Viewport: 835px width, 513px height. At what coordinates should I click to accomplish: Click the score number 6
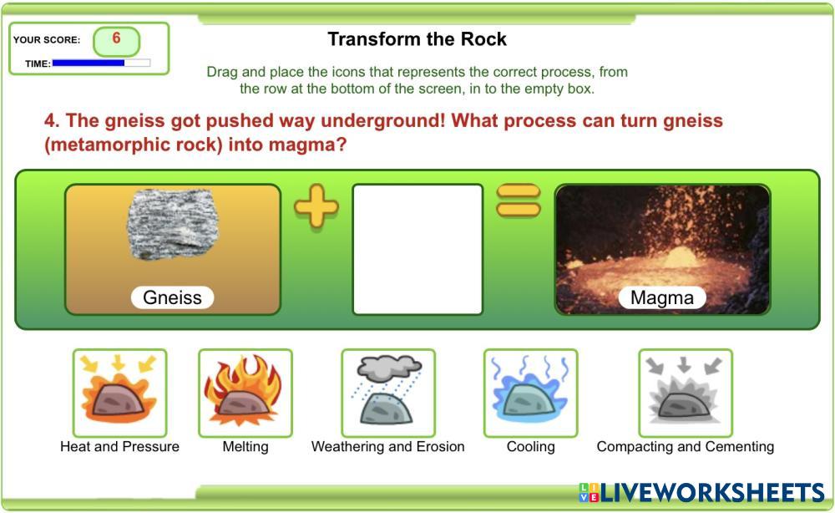(116, 38)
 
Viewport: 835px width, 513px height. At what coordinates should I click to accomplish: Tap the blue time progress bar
(89, 63)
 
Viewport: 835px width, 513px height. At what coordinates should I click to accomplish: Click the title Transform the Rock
(417, 39)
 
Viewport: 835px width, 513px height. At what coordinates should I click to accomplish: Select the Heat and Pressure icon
(119, 394)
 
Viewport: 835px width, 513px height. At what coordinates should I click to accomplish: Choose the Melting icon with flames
(245, 394)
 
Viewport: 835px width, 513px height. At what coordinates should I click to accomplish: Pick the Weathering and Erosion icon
(388, 394)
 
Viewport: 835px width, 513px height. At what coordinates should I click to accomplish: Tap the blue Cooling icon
(531, 394)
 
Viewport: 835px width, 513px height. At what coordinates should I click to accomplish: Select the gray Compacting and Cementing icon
(686, 394)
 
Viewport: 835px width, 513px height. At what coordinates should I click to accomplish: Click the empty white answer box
(417, 249)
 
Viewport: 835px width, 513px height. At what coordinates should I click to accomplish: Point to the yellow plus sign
(316, 206)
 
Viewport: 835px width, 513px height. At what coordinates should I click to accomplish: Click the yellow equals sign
(519, 201)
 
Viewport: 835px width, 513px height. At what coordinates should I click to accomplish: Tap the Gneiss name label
(172, 297)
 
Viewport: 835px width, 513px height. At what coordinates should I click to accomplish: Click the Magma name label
(662, 297)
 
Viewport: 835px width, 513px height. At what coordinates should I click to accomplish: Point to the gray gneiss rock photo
(173, 224)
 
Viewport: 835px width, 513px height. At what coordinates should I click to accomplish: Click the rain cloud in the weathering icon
(389, 368)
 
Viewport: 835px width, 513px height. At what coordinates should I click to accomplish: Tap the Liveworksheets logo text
(702, 493)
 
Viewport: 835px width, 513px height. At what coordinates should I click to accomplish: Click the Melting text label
(245, 446)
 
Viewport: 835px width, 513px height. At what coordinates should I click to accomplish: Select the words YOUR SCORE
(46, 40)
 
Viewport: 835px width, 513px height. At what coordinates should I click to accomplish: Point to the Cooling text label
(531, 446)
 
